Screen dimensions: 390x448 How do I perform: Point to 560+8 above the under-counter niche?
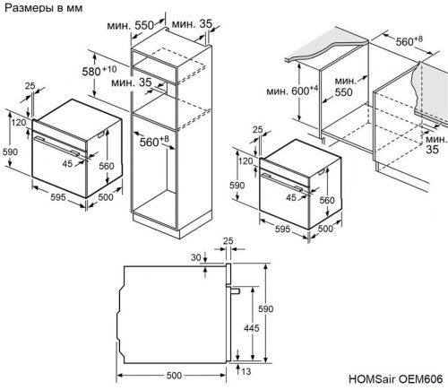click(412, 39)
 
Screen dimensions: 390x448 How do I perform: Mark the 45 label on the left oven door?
click(67, 164)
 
